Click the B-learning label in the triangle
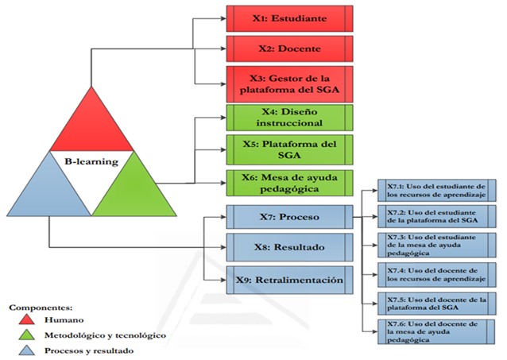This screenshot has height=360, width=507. point(91,162)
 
